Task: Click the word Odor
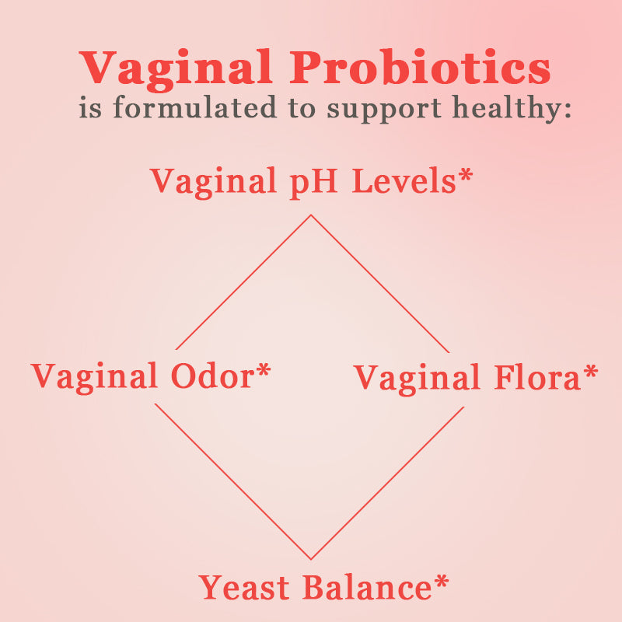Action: (x=212, y=377)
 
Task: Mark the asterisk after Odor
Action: (x=264, y=371)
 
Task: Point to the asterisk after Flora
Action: (x=592, y=372)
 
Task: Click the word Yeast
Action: (x=245, y=588)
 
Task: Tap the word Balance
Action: (x=363, y=588)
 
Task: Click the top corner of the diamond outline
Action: (x=311, y=215)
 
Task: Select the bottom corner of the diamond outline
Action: (x=311, y=558)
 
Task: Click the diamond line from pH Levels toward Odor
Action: (x=243, y=282)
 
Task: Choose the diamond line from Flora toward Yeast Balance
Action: (x=387, y=483)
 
